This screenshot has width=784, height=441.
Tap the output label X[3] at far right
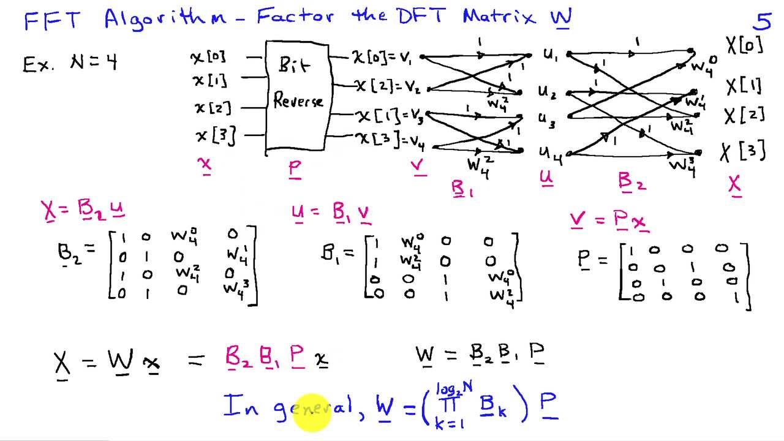click(744, 151)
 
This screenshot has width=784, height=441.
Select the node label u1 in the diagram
click(551, 56)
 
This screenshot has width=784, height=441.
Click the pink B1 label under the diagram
click(462, 190)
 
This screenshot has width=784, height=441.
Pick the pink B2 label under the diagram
click(632, 182)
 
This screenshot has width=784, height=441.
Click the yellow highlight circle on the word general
click(312, 412)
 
